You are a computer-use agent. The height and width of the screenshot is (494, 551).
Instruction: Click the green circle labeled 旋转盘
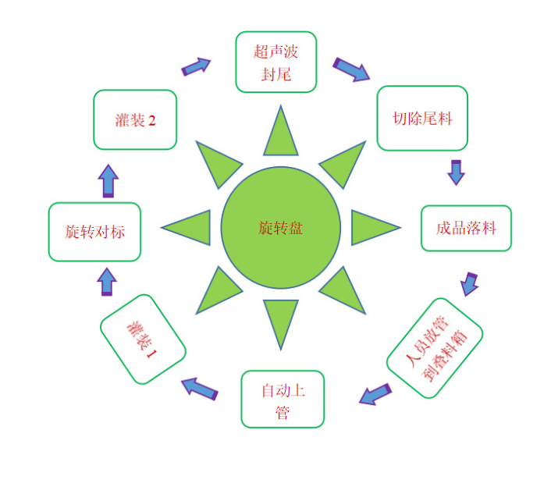point(281,227)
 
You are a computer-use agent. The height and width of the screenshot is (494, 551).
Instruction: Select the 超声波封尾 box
point(275,62)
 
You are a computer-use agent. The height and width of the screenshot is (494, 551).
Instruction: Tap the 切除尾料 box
point(422,119)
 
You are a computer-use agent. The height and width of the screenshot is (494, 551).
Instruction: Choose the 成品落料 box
point(466,228)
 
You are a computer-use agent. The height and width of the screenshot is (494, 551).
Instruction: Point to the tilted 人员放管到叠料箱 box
point(435,347)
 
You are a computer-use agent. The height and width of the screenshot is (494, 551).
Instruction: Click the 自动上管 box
point(282,399)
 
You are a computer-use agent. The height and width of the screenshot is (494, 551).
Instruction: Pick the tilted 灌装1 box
point(143,339)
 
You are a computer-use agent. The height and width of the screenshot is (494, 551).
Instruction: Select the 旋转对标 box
point(94,232)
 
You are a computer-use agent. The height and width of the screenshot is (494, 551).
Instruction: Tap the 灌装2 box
point(135,119)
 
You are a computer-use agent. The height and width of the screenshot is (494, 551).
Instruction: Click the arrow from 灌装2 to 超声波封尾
point(196,66)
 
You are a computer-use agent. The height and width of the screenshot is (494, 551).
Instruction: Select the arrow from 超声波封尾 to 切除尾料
point(351,69)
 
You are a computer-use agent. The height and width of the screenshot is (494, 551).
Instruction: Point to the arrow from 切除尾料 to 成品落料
point(456,172)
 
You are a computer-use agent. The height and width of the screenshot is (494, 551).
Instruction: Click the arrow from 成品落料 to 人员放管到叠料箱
point(469,283)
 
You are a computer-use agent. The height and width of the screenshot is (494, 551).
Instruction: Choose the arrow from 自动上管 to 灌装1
point(200,388)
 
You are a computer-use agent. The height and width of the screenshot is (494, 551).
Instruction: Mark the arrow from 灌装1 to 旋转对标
point(107,281)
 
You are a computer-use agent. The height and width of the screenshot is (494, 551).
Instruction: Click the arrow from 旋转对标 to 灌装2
point(108,180)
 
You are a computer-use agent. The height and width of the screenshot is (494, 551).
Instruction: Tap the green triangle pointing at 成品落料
point(372,228)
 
